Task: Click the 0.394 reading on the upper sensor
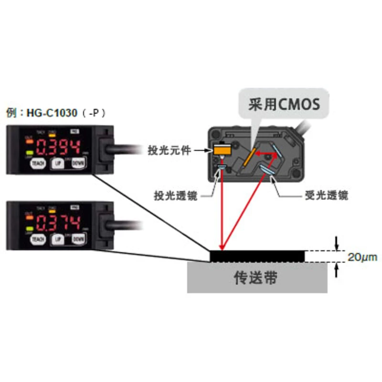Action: point(58,146)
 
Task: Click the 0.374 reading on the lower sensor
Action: point(58,222)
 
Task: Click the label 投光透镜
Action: point(175,195)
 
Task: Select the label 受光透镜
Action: point(326,195)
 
